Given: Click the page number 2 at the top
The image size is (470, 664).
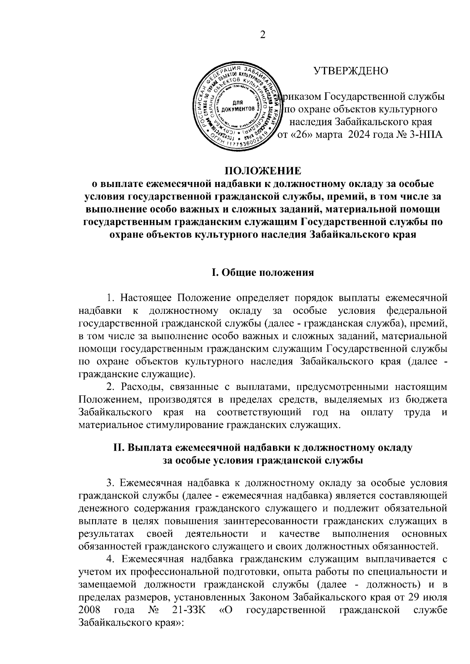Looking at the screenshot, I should click(263, 35).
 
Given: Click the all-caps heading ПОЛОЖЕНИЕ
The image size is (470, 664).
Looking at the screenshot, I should click(262, 171).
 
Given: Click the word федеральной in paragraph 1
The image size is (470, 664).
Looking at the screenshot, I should click(416, 311).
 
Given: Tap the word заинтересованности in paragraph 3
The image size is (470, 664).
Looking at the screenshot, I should click(272, 521).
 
